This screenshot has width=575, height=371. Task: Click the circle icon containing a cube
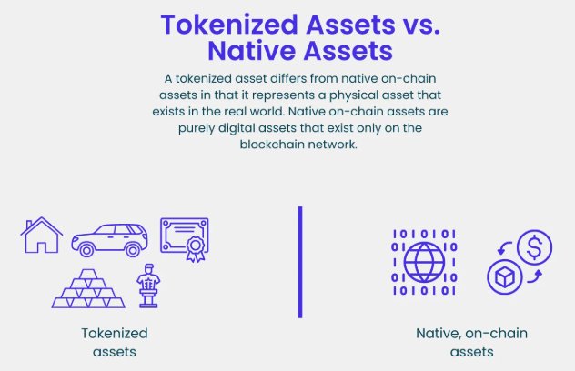[504, 277]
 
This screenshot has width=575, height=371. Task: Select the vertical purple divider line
[300, 262]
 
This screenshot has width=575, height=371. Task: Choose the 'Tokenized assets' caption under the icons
[114, 342]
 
